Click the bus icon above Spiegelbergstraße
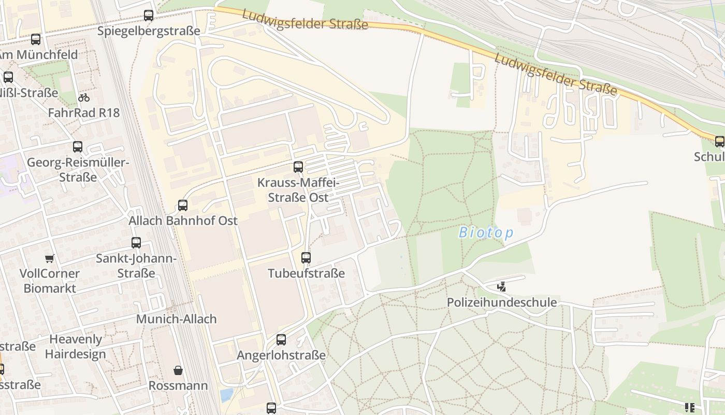[149, 16]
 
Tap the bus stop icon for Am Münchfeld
[36, 39]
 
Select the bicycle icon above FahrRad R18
[84, 98]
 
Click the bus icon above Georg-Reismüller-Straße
[78, 147]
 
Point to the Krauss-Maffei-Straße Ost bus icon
[298, 167]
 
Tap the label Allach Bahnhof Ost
[183, 220]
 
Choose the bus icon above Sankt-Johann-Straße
[136, 243]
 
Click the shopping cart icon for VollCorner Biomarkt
[50, 258]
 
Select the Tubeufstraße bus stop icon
[306, 258]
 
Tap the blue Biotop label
[486, 233]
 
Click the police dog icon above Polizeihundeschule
[501, 286]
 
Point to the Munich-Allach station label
[176, 319]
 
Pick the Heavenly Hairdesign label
[76, 347]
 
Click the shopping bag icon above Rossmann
[178, 370]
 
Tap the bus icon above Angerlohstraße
[281, 340]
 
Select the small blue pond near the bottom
[226, 395]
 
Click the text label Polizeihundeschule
[502, 302]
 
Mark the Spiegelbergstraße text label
[149, 31]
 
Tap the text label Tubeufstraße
[306, 273]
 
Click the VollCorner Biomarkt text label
[50, 281]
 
